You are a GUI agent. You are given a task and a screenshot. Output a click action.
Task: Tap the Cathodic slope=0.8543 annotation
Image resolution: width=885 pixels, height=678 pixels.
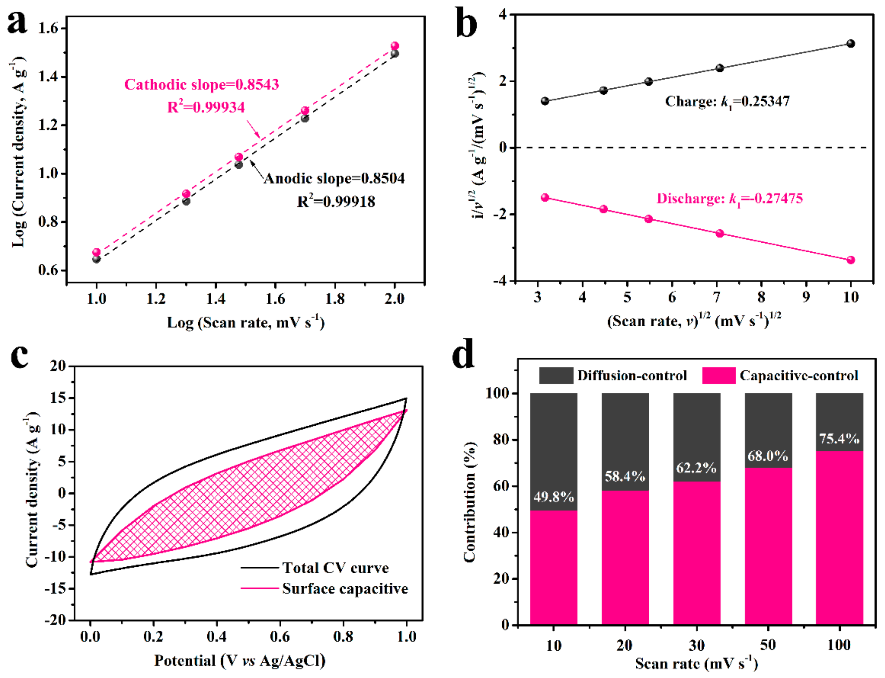[x=201, y=84]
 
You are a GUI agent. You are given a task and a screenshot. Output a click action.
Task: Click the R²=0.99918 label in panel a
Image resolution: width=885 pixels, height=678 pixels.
[x=336, y=201]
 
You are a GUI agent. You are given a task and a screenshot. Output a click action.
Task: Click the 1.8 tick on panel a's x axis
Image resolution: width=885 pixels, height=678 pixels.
[x=335, y=299]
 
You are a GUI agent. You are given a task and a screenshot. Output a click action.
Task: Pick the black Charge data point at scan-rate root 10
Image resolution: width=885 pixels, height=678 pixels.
[x=851, y=43]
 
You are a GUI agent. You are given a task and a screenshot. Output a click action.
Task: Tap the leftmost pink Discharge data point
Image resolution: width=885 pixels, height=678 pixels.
[x=545, y=197]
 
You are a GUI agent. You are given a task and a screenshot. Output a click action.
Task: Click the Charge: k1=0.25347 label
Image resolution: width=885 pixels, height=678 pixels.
[x=727, y=101]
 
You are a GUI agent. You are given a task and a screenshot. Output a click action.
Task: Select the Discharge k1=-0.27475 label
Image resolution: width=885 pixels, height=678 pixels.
[x=730, y=199]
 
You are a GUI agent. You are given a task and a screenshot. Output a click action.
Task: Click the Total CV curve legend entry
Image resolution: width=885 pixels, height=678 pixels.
[x=315, y=568]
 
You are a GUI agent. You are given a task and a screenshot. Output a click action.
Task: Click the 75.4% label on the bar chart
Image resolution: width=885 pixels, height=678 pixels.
[x=839, y=439]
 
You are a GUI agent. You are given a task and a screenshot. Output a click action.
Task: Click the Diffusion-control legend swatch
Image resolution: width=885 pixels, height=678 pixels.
[x=556, y=375]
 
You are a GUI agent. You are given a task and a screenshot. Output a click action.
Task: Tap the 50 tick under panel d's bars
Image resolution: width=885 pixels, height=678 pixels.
[x=768, y=645]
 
